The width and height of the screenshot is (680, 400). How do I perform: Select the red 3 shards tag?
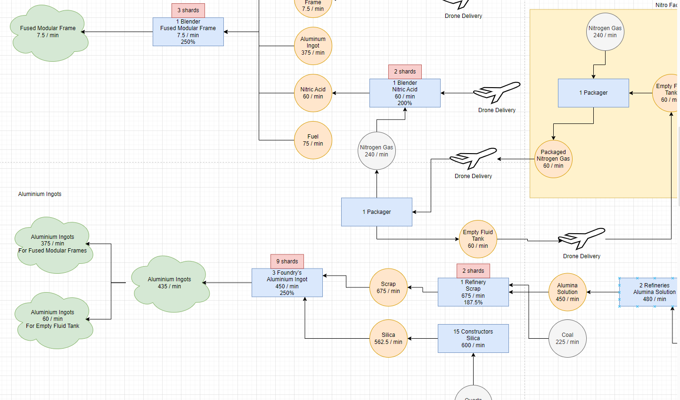tap(188, 10)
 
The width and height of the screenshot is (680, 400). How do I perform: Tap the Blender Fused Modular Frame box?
tap(188, 32)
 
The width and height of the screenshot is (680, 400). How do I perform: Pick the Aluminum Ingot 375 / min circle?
tap(313, 46)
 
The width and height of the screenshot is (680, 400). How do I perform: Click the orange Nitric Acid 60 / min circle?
tap(313, 93)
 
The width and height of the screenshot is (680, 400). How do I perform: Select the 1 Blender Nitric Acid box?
tap(405, 93)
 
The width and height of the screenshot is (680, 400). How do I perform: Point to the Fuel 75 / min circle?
tap(313, 140)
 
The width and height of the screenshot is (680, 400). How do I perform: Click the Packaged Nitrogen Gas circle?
tap(553, 159)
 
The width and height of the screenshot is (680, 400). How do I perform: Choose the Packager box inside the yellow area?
tap(593, 93)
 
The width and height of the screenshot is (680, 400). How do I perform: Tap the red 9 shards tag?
tap(287, 261)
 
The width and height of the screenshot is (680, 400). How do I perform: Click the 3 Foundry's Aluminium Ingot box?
tap(287, 283)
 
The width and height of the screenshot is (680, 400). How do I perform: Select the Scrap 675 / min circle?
tap(388, 287)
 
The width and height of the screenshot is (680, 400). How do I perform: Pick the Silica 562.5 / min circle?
tap(388, 338)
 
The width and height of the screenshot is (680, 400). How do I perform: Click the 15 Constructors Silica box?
tap(473, 338)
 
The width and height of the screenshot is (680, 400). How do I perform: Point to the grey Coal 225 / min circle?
tap(567, 338)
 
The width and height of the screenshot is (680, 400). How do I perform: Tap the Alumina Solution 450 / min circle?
tap(567, 292)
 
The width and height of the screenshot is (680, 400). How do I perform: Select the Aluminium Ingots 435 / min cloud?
tap(169, 283)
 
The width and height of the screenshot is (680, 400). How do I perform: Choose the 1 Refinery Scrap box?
tap(473, 292)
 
